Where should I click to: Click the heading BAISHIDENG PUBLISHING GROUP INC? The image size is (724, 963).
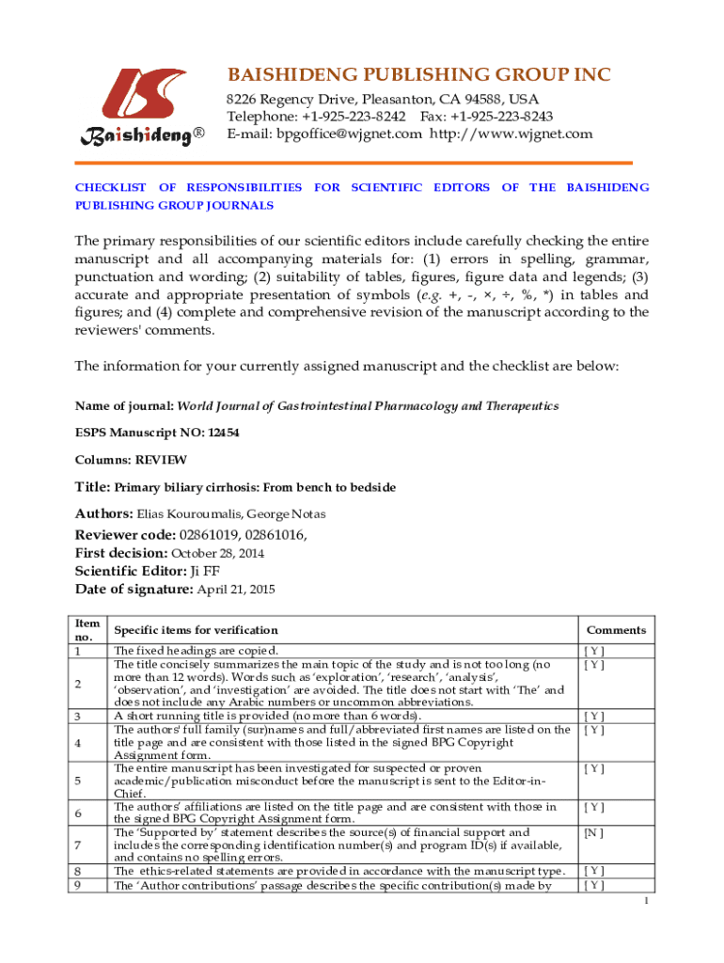click(418, 75)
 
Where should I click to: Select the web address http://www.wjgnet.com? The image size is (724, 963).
click(512, 134)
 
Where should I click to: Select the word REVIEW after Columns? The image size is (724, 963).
click(161, 460)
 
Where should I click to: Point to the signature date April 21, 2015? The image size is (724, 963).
click(235, 590)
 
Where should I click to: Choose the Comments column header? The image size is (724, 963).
click(616, 630)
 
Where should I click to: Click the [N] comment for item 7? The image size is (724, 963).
click(593, 832)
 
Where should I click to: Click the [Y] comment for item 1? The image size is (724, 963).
click(593, 651)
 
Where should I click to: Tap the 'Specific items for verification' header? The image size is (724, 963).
click(196, 630)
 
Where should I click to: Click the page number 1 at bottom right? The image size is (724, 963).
click(647, 902)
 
